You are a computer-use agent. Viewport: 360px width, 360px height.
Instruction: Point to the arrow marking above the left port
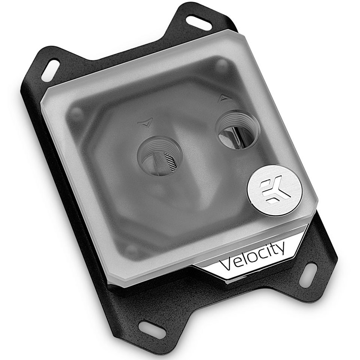coord(146,122)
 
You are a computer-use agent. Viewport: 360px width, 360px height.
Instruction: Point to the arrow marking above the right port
coord(224,98)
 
